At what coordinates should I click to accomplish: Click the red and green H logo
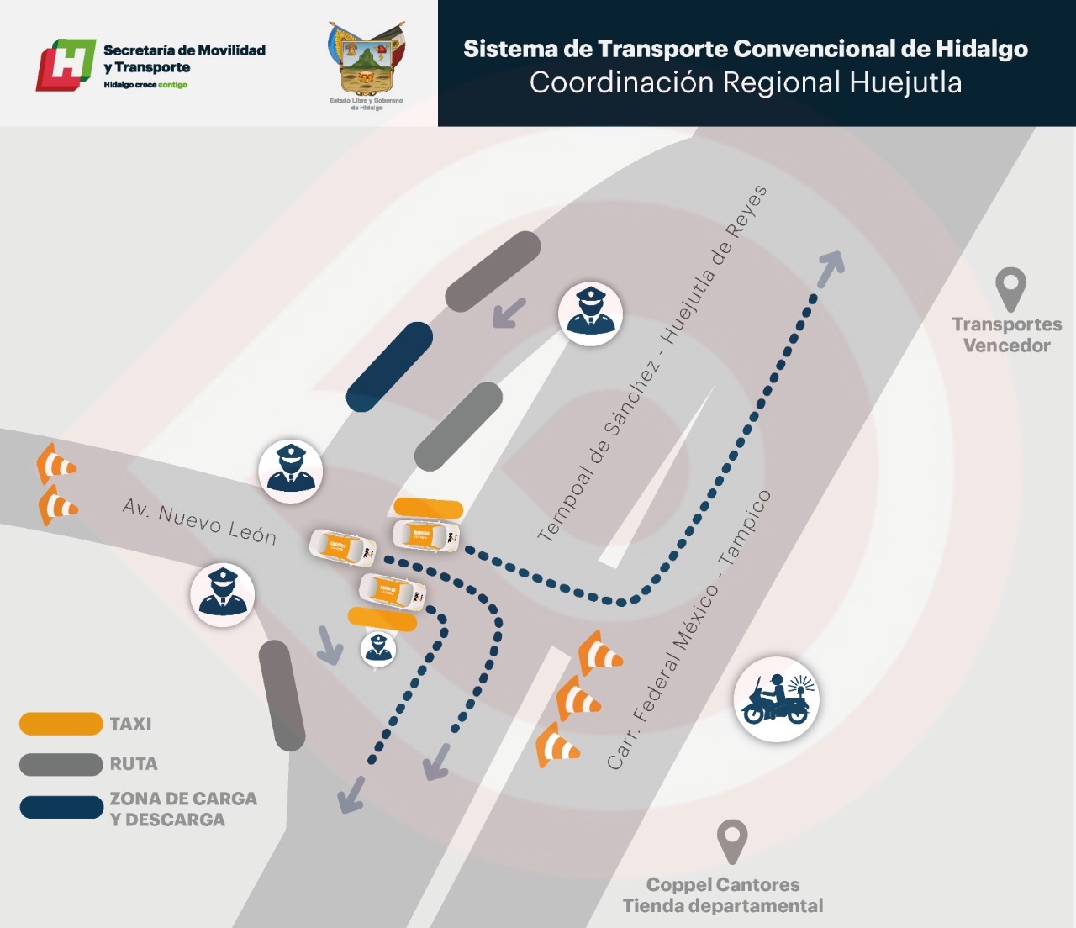click(x=65, y=64)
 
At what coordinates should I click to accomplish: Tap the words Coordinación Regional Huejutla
click(x=745, y=83)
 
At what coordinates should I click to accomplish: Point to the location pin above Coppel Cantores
click(x=732, y=841)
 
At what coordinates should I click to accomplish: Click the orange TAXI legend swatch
click(x=61, y=724)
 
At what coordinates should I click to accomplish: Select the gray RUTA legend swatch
click(x=61, y=764)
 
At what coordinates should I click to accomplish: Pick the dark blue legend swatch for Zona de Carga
click(x=61, y=808)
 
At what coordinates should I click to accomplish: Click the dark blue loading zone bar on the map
click(x=389, y=367)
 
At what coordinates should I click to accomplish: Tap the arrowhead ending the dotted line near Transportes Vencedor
click(x=831, y=267)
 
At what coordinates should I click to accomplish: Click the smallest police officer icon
click(x=378, y=648)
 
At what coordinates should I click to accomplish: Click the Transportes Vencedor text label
click(x=1006, y=335)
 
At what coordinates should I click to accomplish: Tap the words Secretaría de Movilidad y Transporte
click(x=184, y=59)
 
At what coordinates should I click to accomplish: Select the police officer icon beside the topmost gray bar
click(x=590, y=314)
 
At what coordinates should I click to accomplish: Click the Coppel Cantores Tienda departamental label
click(x=723, y=895)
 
